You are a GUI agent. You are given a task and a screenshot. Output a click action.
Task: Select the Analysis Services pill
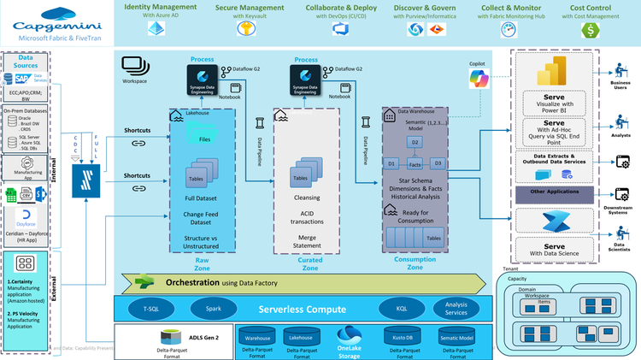456,308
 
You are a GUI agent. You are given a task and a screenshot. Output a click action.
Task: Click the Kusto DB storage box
399,338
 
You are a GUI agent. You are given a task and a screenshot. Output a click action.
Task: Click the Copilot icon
477,79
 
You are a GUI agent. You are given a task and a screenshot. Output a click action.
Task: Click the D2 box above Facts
415,141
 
